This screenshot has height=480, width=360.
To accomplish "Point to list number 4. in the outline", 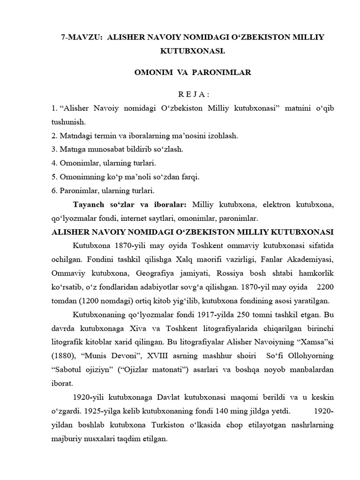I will pyautogui.click(x=54, y=163).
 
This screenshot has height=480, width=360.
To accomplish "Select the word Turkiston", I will pyautogui.click(x=174, y=426).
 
